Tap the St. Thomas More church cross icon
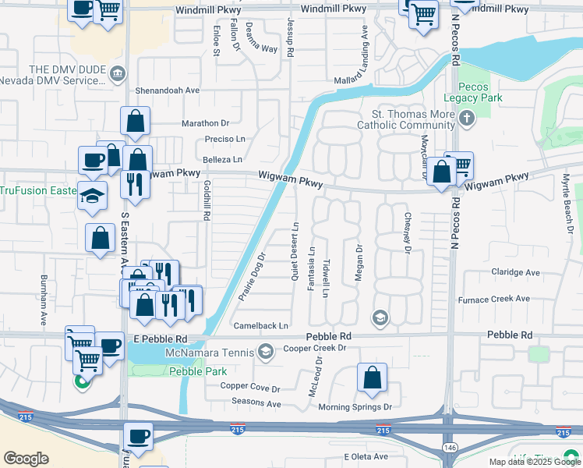(467, 119)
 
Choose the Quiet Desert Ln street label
(295, 251)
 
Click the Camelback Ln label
(260, 325)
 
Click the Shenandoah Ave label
(168, 90)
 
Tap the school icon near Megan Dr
(380, 317)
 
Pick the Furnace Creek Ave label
(493, 299)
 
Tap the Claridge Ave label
(515, 272)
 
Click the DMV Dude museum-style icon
(117, 74)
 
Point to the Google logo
(26, 459)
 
